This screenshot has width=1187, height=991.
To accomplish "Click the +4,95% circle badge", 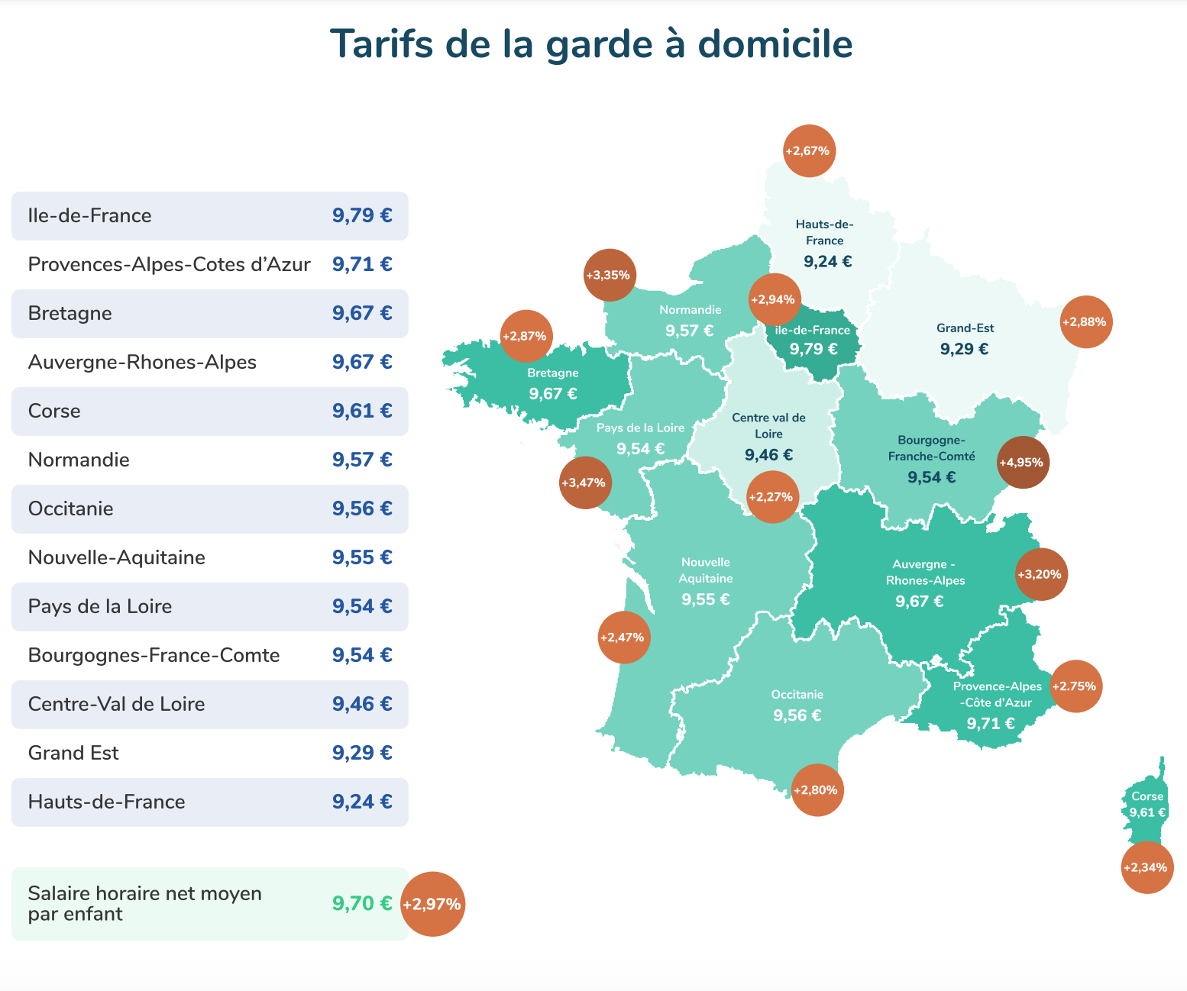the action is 1024,462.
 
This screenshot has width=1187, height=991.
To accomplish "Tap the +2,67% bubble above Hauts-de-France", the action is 810,150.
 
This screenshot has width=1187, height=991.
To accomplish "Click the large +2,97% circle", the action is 432,903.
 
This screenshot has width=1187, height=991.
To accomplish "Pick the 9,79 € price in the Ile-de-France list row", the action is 362,215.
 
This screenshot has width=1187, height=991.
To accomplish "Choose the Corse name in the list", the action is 54,411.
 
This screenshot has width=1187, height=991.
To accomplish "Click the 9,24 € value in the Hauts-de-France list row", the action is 362,802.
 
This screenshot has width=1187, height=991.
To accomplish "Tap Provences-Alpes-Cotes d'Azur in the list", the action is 169,264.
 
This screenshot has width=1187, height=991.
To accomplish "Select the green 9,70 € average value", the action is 362,903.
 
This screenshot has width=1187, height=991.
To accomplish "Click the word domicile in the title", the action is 775,44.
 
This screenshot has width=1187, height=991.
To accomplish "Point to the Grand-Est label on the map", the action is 965,328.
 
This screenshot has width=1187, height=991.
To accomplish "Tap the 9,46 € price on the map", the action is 768,454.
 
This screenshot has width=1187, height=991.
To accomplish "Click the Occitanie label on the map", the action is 797,694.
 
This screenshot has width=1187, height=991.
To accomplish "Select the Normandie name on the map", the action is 691,310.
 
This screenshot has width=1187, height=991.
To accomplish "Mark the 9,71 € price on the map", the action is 990,723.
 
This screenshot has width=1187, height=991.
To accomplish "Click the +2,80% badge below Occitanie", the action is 817,790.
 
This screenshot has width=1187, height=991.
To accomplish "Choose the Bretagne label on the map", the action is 552,373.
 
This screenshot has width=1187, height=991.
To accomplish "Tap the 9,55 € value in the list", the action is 362,557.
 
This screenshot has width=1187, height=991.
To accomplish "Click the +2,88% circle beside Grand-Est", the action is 1086,321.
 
